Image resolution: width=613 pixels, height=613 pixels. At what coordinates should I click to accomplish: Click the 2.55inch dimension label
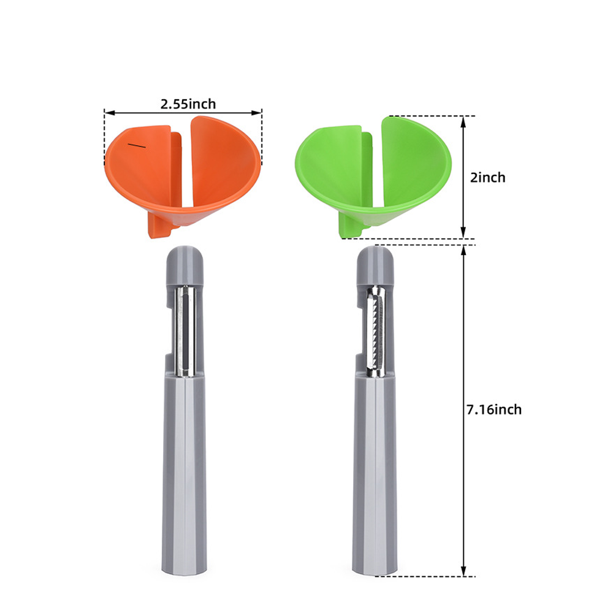(x=188, y=104)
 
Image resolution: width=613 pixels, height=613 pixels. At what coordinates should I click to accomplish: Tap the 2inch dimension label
(x=487, y=178)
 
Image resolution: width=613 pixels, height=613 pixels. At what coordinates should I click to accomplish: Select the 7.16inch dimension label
(x=494, y=409)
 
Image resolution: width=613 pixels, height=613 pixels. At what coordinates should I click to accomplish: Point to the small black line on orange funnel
(x=137, y=145)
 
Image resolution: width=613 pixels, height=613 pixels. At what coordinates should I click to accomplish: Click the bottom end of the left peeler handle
(x=185, y=567)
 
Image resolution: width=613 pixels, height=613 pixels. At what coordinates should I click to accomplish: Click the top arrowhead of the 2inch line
(x=463, y=121)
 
